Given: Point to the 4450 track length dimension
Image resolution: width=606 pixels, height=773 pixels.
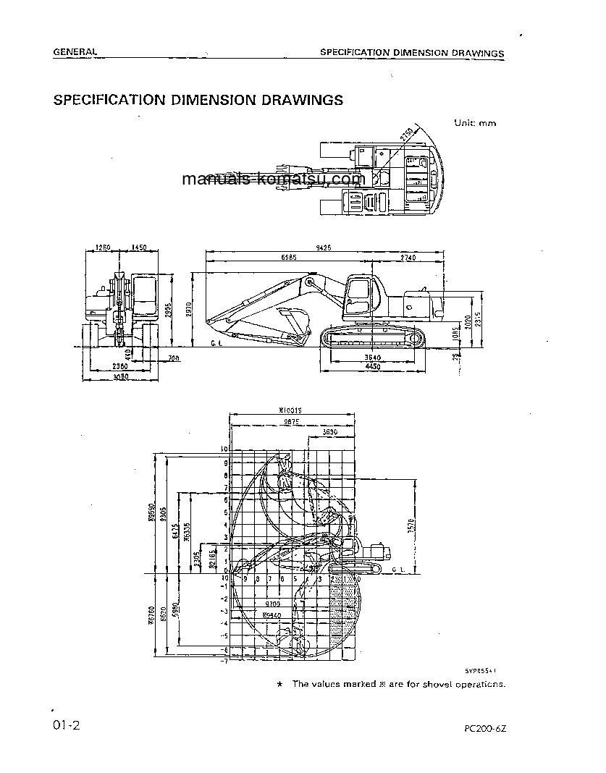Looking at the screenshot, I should click(x=372, y=366).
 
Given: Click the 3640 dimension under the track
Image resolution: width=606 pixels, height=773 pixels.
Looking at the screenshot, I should click(x=372, y=357).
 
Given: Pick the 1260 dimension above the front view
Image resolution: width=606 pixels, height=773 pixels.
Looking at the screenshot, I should click(x=103, y=248).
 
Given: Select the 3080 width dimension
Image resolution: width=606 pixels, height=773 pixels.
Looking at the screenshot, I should click(x=122, y=376).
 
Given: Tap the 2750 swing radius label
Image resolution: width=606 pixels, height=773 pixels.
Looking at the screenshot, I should click(x=406, y=135).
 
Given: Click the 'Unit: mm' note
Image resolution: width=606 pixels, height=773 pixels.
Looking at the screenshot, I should click(x=475, y=123).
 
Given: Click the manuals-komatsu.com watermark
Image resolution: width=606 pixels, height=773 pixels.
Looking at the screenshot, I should click(x=273, y=179).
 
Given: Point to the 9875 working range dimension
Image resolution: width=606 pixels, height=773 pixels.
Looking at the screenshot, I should click(x=291, y=421).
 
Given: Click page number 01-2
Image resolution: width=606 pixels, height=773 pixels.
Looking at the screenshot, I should click(x=64, y=725).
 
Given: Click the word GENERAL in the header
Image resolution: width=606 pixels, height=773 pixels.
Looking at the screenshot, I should click(x=75, y=52).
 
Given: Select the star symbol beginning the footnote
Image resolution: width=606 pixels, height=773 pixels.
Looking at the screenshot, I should click(x=280, y=684).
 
